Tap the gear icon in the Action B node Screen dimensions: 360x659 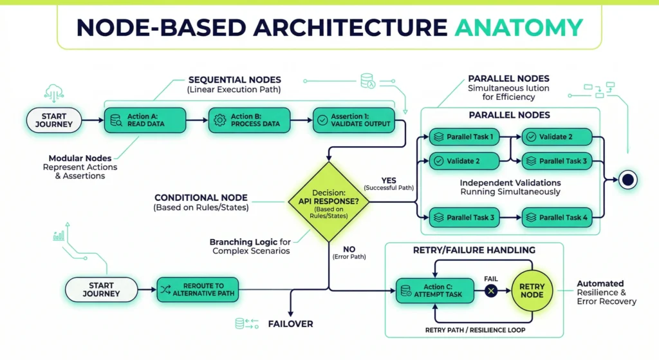[x=219, y=120]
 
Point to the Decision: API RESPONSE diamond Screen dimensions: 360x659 [x=328, y=201]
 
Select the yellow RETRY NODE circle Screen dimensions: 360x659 [x=532, y=291]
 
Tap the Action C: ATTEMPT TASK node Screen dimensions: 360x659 [x=434, y=291]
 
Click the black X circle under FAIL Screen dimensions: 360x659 [x=492, y=291]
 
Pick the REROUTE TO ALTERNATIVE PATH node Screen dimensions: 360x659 [x=198, y=289]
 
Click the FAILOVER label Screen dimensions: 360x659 [x=290, y=324]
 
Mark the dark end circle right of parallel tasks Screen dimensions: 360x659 [x=627, y=180]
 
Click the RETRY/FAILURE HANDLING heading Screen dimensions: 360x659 [x=475, y=250]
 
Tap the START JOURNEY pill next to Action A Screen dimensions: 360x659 [x=54, y=120]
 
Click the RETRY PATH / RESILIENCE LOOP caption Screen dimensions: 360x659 [x=475, y=330]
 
